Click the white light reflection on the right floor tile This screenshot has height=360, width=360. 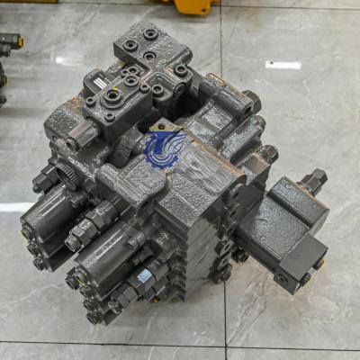point(283,65)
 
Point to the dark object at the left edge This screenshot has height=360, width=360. point(9,45)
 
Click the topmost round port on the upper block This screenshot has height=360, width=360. point(149,34)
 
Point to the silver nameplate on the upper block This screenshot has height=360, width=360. point(97,83)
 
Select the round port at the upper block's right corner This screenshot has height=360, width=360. point(182,69)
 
